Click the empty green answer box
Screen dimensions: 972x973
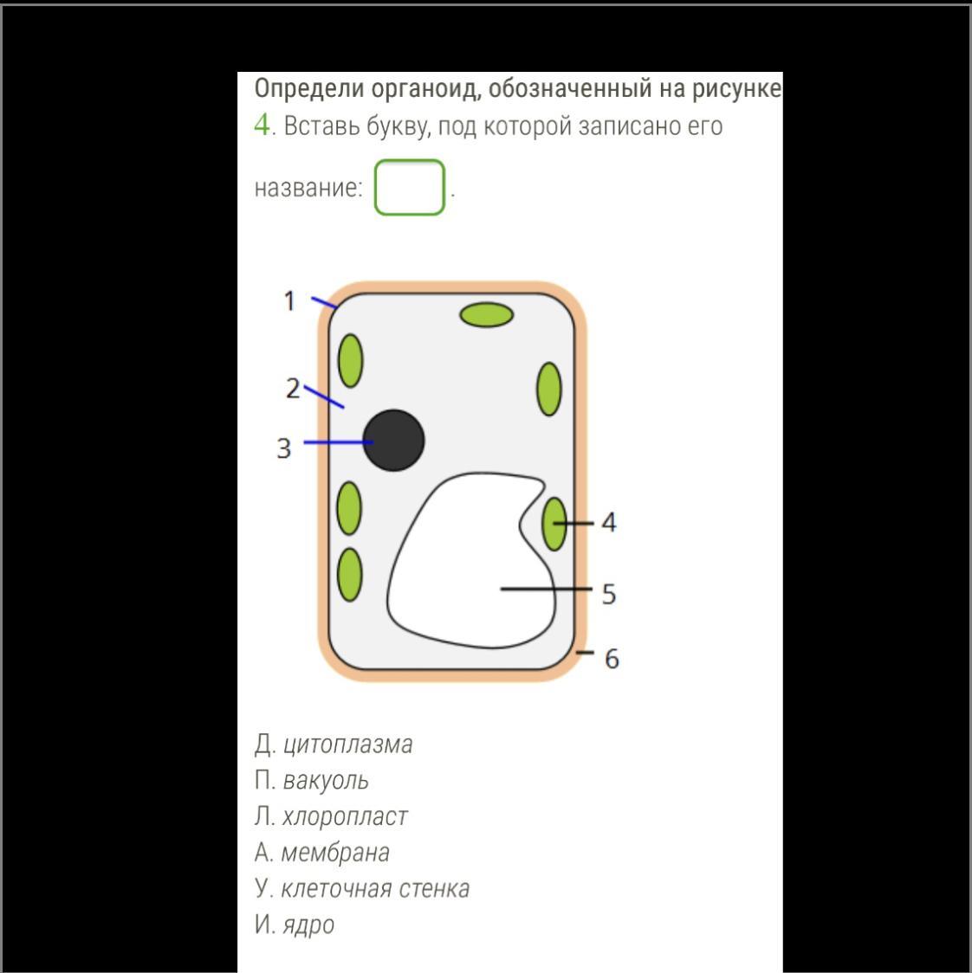pos(409,187)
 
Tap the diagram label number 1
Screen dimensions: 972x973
pos(289,301)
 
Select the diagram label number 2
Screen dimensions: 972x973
pos(293,389)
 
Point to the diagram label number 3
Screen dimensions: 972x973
pos(284,448)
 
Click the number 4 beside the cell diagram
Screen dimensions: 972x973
pos(609,523)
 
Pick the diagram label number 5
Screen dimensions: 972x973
pos(609,594)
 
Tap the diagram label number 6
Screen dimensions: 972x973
pos(612,659)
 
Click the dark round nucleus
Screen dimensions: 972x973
pos(394,440)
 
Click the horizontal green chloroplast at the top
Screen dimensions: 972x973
pos(486,314)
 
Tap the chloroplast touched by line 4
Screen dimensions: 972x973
pos(554,524)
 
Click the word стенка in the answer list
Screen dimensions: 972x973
pos(434,889)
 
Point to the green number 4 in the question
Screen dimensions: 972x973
pos(262,125)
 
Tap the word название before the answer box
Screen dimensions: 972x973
pos(308,187)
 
